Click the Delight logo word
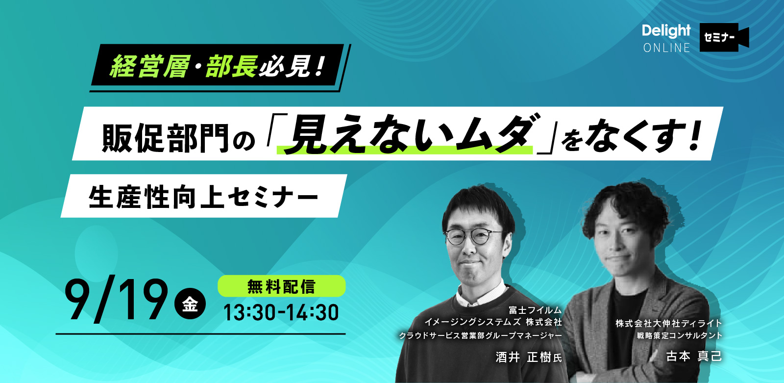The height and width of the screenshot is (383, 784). pos(666,31)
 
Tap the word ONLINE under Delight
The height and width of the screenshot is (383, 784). pos(667,48)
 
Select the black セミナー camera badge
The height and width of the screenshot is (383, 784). pos(724,37)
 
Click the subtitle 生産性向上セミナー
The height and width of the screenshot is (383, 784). pos(203,197)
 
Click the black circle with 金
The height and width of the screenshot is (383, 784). pos(190,304)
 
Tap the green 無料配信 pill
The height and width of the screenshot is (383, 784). pos(281,286)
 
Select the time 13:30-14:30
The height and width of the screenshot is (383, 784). pos(281,312)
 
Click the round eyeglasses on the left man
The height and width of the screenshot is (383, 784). pos(472,237)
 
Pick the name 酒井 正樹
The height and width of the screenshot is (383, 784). pos(524,357)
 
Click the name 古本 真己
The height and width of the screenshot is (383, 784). pos(694,357)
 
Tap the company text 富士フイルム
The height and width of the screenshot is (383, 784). pos(535,310)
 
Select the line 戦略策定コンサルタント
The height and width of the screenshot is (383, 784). pos(679,336)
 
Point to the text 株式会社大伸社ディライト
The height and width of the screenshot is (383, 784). pos(669,323)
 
